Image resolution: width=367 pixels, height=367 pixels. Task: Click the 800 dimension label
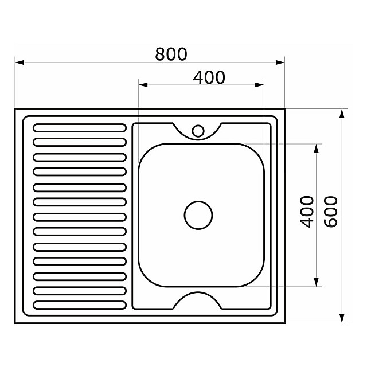pos(171,54)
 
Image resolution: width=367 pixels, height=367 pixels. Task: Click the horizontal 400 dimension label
pos(209,77)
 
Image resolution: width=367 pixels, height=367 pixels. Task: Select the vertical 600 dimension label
pos(331,212)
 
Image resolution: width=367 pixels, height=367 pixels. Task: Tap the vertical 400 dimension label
pos(307,212)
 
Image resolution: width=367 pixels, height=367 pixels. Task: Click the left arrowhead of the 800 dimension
pos(19,63)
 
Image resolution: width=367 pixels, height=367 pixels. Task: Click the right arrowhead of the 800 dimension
pos(280,63)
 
